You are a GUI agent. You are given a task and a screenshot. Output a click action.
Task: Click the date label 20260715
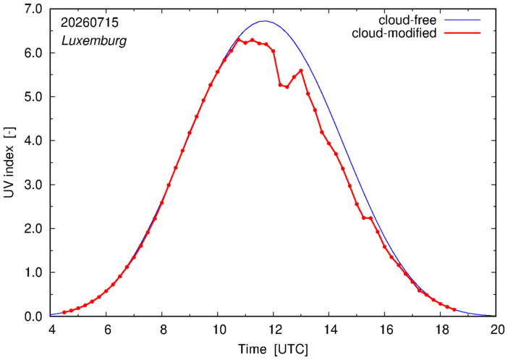pos(90,22)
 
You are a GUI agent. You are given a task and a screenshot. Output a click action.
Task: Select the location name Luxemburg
pos(94,41)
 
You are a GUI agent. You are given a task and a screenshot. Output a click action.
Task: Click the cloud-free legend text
pos(407,20)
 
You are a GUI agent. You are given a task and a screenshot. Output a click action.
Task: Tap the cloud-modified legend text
pos(394,33)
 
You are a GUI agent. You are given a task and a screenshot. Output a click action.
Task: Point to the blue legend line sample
pos(462,20)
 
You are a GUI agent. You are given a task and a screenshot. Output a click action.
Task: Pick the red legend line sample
pos(462,33)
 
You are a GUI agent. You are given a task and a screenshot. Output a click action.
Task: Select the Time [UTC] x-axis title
pos(273,349)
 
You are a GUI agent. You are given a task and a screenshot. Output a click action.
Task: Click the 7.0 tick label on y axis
pos(33,9)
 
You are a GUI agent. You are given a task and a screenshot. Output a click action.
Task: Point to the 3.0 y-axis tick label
pos(33,185)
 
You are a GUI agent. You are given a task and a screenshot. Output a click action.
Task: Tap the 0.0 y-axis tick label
pos(33,317)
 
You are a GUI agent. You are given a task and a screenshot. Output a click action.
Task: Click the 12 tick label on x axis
pos(273,330)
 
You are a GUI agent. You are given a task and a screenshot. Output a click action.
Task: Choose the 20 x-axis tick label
pos(496,330)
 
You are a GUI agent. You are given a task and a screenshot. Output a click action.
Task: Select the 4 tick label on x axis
pos(51,330)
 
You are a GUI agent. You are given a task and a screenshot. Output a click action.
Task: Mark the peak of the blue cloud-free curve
pos(265,21)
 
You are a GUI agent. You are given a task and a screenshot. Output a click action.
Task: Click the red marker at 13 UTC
pos(301,70)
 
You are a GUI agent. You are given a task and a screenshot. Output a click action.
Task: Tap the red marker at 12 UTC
pos(273,51)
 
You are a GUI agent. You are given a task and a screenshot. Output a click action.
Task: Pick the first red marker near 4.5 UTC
pos(64,312)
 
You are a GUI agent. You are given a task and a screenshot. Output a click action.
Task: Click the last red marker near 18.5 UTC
pos(454,310)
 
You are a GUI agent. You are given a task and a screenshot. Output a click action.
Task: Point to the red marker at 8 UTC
pos(161,203)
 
